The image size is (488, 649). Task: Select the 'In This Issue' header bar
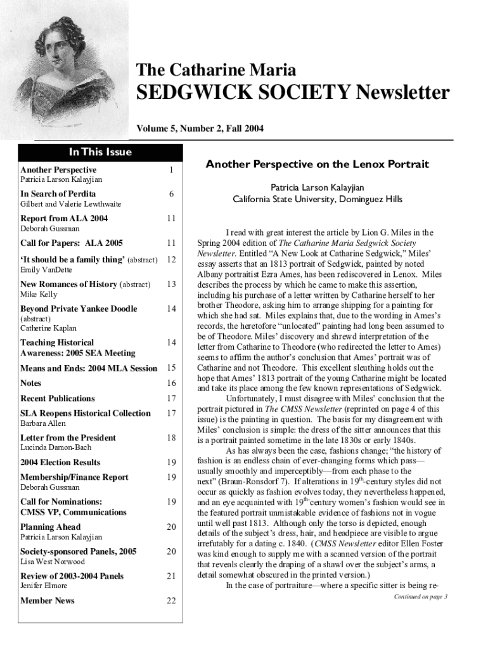point(100,151)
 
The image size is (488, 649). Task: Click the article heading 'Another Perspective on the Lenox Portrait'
point(317,165)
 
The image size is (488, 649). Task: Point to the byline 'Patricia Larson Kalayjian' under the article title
point(317,188)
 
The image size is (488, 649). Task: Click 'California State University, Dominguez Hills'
point(317,199)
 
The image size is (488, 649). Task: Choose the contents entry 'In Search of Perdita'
point(58,194)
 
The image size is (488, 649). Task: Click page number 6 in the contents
point(170,194)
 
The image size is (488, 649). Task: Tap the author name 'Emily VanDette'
point(46,270)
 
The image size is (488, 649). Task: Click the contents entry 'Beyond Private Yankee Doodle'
point(79,309)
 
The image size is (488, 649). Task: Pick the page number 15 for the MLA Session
point(170,368)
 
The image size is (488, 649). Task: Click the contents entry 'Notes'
point(30,383)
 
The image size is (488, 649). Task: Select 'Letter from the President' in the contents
point(68,438)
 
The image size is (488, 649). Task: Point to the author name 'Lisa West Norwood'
point(52,562)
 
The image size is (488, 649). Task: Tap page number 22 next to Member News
point(170,601)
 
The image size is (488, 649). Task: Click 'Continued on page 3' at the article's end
point(421,596)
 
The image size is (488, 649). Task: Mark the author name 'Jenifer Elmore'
point(45,586)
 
